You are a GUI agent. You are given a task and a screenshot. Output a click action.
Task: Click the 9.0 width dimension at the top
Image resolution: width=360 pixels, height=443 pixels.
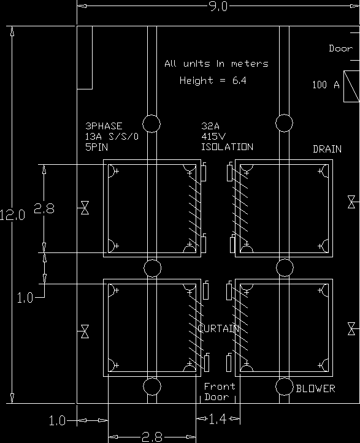click(x=218, y=6)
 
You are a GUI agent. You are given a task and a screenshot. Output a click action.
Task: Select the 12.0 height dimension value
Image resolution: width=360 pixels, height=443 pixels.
click(x=12, y=215)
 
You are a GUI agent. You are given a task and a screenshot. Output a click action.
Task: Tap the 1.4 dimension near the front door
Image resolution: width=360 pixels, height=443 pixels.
click(x=218, y=419)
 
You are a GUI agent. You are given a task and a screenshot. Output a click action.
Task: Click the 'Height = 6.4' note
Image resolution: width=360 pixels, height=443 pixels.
click(x=213, y=80)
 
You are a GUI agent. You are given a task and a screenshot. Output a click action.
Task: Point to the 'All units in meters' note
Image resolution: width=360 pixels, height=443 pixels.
click(x=216, y=64)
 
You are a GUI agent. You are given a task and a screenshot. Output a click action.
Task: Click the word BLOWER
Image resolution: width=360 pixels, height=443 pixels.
click(x=316, y=388)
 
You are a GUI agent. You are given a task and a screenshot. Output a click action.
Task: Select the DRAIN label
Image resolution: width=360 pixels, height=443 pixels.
click(x=327, y=149)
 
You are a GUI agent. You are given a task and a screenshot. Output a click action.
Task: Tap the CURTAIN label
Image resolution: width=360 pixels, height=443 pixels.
click(x=218, y=328)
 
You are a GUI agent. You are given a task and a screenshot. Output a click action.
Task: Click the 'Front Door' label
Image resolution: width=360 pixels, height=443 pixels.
click(x=220, y=392)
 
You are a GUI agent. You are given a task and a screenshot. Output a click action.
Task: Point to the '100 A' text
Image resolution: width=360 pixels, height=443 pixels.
click(x=326, y=85)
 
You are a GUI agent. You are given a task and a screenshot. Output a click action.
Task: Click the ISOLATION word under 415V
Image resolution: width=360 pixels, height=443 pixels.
click(x=227, y=147)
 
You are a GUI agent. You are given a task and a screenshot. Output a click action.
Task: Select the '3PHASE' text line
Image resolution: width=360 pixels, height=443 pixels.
click(x=104, y=126)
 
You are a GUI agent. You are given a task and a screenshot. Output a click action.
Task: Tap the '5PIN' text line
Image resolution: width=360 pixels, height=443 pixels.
click(x=96, y=147)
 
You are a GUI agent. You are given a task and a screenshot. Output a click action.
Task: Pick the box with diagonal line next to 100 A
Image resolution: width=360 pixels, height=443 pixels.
click(x=351, y=86)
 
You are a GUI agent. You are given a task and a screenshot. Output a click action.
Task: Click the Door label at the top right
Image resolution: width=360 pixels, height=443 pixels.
click(x=341, y=48)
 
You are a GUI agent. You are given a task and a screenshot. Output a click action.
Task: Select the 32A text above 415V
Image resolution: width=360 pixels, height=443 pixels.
click(x=210, y=126)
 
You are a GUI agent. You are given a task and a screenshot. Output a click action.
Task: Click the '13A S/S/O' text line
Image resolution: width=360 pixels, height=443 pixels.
click(x=112, y=137)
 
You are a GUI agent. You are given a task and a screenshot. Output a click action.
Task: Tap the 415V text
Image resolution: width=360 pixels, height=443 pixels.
click(x=213, y=137)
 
